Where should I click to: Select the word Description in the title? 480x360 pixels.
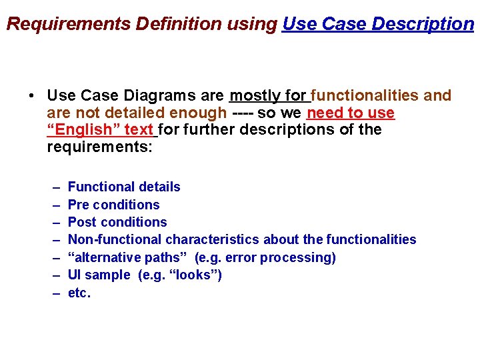click(x=423, y=24)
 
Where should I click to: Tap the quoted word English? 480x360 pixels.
click(x=83, y=129)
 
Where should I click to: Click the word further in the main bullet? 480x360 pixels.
click(x=209, y=129)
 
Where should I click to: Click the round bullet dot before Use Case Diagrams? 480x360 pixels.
click(x=32, y=96)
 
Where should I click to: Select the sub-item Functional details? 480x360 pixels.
click(x=124, y=187)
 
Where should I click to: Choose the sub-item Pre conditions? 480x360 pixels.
click(x=114, y=205)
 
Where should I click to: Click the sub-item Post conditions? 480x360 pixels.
click(x=117, y=222)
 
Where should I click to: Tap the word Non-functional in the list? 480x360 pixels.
click(x=115, y=239)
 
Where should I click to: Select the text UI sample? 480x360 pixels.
click(x=99, y=275)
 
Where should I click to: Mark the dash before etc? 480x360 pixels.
click(x=53, y=293)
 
